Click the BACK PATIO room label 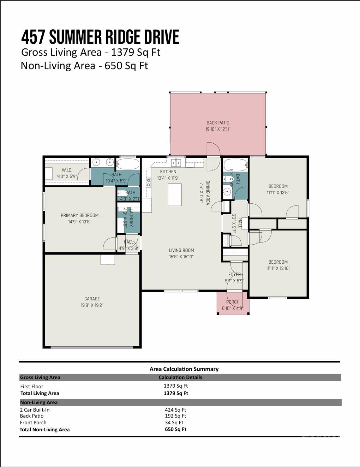[218, 123]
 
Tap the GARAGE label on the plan [92, 299]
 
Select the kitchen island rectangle [174, 194]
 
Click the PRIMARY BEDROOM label [79, 215]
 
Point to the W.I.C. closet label [67, 170]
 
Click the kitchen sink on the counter [176, 163]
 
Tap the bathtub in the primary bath [128, 164]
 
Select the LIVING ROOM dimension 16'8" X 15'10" [181, 257]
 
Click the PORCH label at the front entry [233, 302]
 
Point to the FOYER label [234, 274]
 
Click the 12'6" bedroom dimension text [278, 192]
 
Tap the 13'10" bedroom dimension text [278, 268]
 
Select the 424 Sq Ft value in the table [175, 410]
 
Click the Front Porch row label [33, 423]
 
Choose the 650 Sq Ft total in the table [175, 429]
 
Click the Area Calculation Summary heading [184, 369]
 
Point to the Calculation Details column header [180, 377]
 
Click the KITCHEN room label [168, 172]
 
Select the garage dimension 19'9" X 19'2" [92, 305]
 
